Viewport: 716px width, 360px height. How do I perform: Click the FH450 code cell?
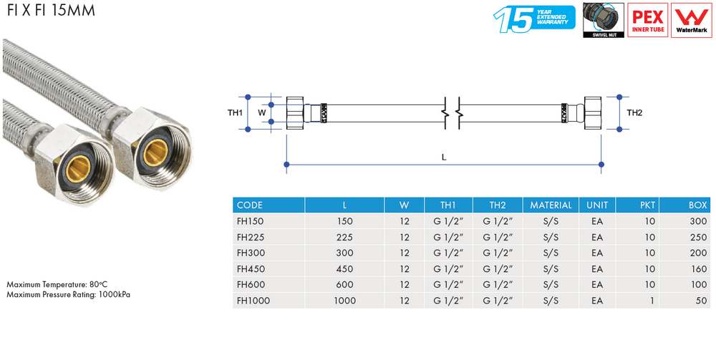[x=251, y=268]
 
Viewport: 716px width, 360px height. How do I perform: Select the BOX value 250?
[x=699, y=238]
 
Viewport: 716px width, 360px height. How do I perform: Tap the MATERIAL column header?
[x=551, y=205]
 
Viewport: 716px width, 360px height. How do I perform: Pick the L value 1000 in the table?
[x=345, y=301]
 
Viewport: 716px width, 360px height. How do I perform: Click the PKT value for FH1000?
[x=652, y=301]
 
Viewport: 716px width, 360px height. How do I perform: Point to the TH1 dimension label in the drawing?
[x=235, y=112]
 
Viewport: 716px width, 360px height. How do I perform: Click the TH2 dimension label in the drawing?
[x=634, y=112]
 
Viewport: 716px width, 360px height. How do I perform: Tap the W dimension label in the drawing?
[x=261, y=112]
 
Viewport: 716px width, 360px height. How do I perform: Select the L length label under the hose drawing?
[x=444, y=157]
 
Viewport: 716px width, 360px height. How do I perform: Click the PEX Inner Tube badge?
[x=647, y=20]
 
